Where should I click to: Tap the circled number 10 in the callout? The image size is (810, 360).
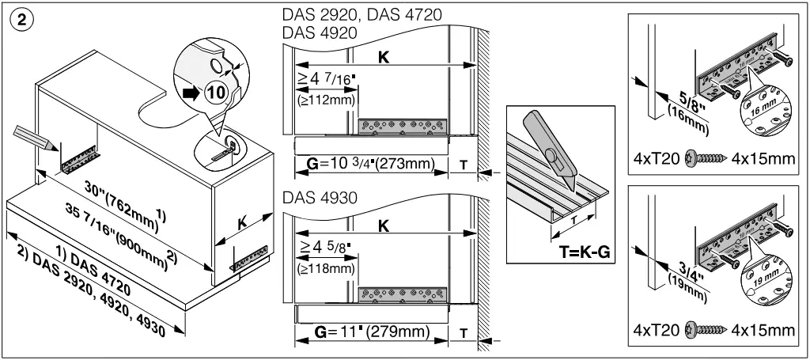[217, 93]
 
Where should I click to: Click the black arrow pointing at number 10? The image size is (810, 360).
[191, 93]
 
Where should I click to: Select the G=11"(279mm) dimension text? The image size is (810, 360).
[372, 332]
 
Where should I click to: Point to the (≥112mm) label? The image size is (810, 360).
[327, 100]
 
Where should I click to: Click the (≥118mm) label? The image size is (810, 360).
[326, 268]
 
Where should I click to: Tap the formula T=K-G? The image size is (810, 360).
[585, 252]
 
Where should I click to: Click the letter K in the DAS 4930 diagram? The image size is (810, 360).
[383, 225]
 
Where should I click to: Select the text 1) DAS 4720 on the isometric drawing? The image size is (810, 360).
[99, 271]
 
